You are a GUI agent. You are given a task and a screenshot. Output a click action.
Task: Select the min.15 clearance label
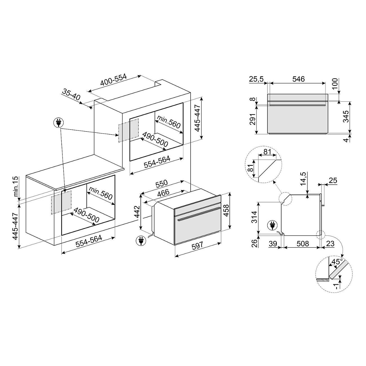coord(15,186)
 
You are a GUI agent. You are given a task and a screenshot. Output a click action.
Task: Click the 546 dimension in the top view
coord(298,79)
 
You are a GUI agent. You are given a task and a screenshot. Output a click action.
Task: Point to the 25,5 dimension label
coord(256,79)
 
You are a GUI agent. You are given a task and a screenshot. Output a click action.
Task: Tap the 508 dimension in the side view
coord(303,244)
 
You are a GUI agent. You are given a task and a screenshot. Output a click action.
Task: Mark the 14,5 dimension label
coord(303,178)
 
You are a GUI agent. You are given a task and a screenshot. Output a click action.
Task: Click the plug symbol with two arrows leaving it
coord(59,122)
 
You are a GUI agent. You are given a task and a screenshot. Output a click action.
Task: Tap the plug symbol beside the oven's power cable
coord(140,240)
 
